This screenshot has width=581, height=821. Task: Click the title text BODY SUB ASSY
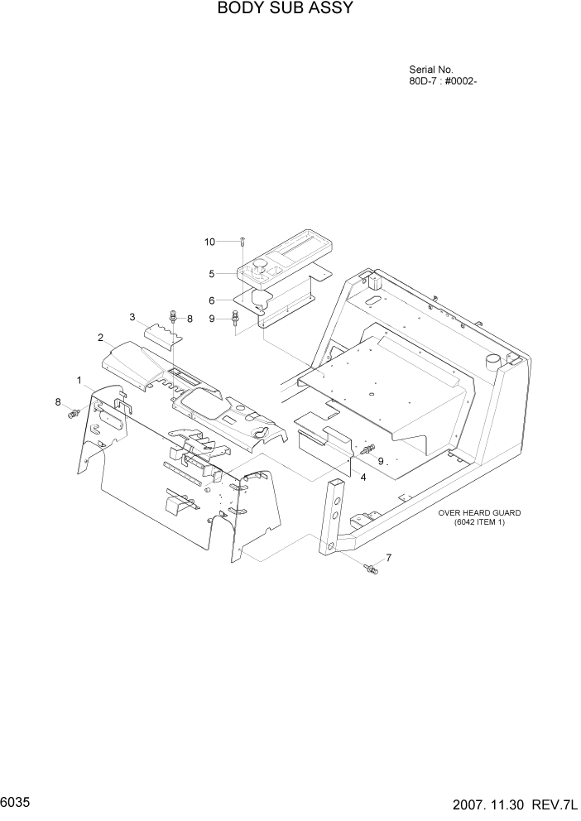tap(274, 9)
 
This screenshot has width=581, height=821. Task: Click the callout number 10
tap(210, 242)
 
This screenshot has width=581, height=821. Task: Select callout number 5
tap(212, 272)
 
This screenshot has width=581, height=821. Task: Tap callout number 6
tap(212, 300)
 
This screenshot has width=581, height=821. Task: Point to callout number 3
tap(132, 317)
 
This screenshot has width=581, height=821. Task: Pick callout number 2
tap(100, 338)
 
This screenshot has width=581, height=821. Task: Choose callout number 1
tap(79, 381)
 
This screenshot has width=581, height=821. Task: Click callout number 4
tap(363, 477)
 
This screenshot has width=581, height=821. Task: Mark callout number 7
tap(389, 557)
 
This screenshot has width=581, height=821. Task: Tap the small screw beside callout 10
tap(241, 242)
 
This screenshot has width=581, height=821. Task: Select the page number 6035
tap(17, 803)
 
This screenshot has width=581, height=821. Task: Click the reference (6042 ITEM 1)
tap(479, 522)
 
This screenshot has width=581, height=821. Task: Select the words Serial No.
tap(431, 70)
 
